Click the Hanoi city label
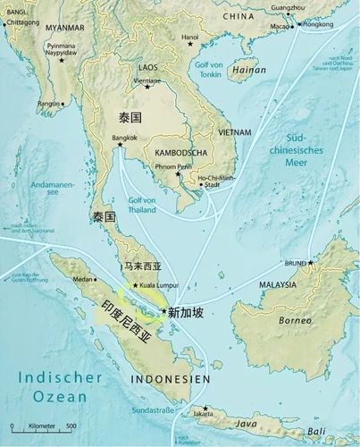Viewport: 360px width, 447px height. [190, 38]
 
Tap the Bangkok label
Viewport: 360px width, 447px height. [127, 139]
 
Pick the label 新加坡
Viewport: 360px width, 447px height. [186, 313]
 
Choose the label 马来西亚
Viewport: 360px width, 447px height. [144, 266]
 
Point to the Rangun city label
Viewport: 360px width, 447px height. [49, 103]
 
